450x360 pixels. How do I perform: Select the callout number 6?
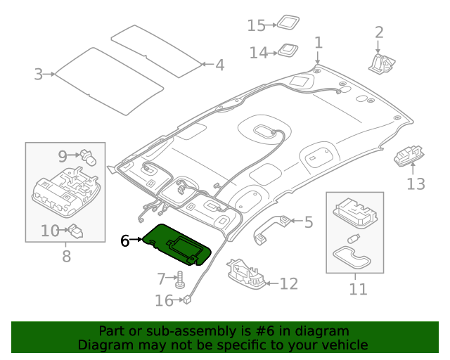click(x=124, y=240)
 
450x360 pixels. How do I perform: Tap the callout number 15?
click(x=256, y=25)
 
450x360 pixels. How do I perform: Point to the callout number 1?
click(x=318, y=43)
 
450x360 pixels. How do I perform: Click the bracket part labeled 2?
click(x=382, y=61)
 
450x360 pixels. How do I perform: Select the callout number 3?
click(x=38, y=73)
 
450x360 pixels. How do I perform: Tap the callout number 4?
click(x=219, y=65)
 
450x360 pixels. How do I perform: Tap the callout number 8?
click(x=66, y=256)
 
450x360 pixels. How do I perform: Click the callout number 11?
click(x=358, y=288)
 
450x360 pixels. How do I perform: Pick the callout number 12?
click(x=288, y=284)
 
